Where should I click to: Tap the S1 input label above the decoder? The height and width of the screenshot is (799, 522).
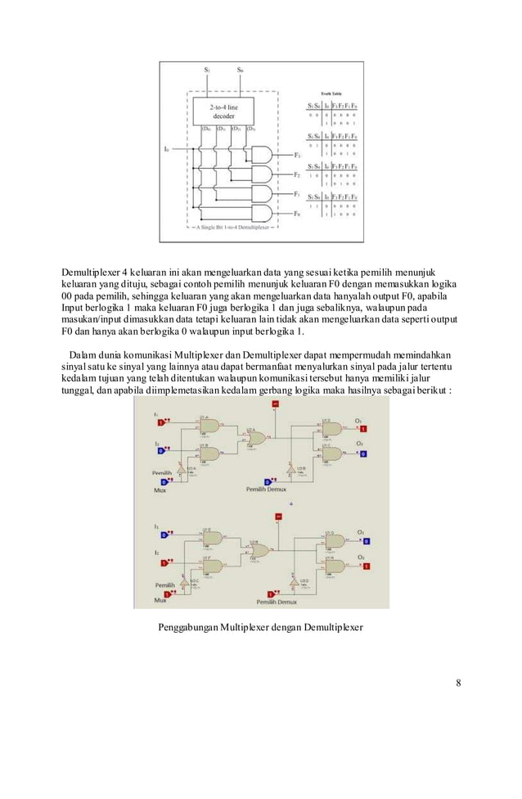(208, 70)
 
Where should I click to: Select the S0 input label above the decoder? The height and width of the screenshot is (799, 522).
(239, 70)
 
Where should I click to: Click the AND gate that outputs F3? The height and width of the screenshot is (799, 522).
(263, 154)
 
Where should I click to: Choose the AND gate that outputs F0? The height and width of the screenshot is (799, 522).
(263, 214)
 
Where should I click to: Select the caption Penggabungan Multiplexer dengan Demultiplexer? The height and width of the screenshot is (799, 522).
(259, 628)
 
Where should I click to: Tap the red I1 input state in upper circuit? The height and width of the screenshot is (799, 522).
(163, 422)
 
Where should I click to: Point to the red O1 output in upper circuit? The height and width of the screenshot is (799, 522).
(365, 429)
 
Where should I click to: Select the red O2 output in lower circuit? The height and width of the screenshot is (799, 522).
(366, 566)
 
